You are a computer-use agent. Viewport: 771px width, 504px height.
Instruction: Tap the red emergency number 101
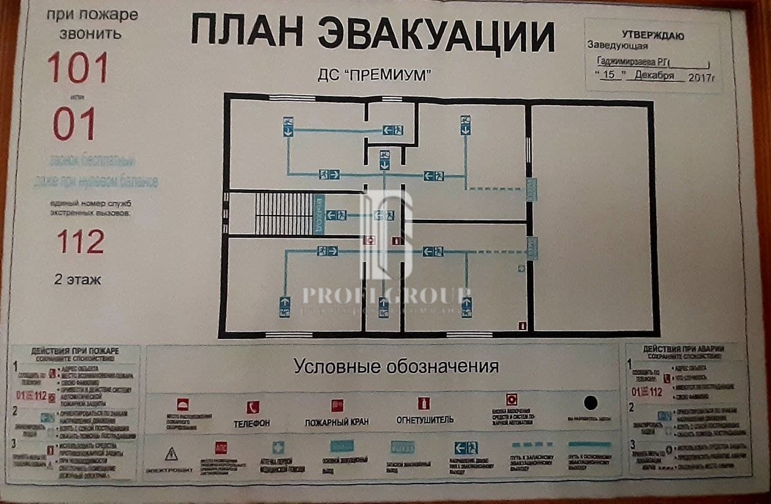coord(78,67)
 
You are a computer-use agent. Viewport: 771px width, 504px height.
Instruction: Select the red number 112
coord(81,242)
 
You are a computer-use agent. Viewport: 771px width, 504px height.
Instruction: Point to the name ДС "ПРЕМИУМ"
coord(376,75)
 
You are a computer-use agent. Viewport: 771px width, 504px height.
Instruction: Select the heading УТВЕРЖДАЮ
coord(652,36)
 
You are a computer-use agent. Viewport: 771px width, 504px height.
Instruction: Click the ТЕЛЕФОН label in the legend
coord(252,423)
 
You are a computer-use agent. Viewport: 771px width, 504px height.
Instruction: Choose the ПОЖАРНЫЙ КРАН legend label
coord(337,422)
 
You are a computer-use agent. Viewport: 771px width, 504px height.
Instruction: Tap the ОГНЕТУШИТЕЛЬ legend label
coord(425,420)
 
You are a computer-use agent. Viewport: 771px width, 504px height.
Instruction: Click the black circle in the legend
coord(590,402)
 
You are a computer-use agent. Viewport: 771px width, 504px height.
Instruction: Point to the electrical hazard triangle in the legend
coord(171,453)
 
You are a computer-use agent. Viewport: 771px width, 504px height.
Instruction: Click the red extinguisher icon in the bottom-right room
coord(522,326)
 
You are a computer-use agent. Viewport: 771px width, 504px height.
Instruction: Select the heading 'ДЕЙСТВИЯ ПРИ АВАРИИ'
coord(684,349)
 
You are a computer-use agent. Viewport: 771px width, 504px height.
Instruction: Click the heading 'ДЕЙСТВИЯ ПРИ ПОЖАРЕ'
coord(75,351)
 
